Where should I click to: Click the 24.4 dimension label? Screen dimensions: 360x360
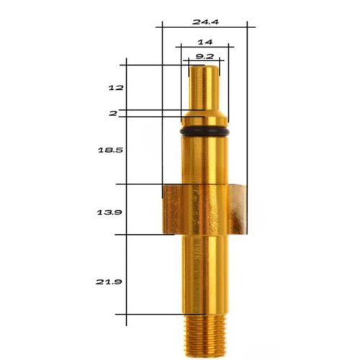pyautogui.click(x=206, y=22)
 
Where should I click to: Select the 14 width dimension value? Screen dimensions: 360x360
pyautogui.click(x=205, y=42)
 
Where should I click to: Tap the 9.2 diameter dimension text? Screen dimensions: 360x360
pyautogui.click(x=205, y=55)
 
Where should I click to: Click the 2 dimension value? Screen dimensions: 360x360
pyautogui.click(x=113, y=113)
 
